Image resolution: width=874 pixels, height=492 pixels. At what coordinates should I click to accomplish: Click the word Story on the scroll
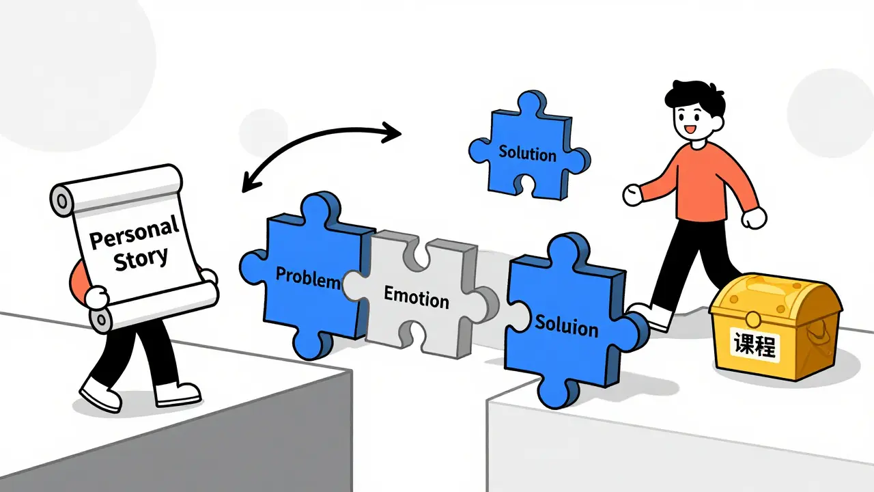tap(141, 259)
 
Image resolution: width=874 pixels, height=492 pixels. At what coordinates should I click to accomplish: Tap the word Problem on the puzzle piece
tap(308, 277)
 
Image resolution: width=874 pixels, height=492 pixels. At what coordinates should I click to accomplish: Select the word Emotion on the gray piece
tap(417, 297)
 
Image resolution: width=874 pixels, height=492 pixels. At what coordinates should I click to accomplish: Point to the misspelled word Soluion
tap(567, 327)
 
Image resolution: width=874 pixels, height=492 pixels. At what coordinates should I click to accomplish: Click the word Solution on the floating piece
tap(528, 153)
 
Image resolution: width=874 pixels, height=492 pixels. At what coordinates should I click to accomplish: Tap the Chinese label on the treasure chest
tap(755, 346)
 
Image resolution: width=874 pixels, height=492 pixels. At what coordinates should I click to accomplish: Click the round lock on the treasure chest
tap(752, 320)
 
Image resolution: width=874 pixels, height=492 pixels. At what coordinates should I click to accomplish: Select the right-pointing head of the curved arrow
tap(391, 133)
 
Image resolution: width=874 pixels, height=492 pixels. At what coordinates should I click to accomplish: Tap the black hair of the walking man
tap(695, 97)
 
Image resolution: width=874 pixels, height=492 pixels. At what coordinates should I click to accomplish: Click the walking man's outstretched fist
tap(632, 195)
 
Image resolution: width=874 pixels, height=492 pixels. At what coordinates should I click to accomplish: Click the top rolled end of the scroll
tap(117, 190)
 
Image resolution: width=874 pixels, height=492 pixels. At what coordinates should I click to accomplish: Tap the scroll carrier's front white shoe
tap(178, 394)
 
